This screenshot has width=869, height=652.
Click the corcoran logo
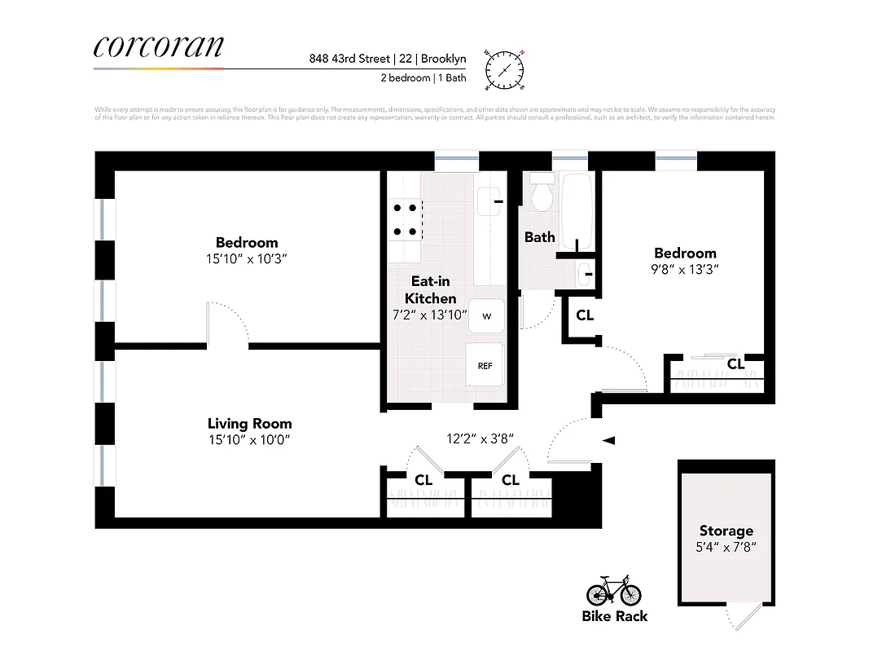tap(158, 46)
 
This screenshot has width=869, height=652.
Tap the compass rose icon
tap(505, 68)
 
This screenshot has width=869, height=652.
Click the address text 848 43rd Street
tap(349, 59)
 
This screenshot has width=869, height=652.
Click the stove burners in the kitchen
tap(406, 218)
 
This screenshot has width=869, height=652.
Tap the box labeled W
tap(486, 315)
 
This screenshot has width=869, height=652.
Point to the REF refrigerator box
tap(485, 366)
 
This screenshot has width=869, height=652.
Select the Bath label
tap(539, 237)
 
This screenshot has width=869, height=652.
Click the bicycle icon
tap(614, 590)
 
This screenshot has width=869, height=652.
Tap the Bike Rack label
tap(615, 616)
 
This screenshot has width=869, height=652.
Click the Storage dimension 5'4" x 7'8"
tap(725, 548)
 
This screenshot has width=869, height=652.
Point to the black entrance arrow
tap(608, 440)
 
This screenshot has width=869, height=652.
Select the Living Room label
tap(249, 424)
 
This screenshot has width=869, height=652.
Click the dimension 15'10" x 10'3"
tap(246, 258)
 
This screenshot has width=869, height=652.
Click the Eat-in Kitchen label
tap(430, 290)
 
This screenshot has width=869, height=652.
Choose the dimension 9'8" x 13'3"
tap(685, 269)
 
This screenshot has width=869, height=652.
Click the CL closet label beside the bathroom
tap(585, 315)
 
